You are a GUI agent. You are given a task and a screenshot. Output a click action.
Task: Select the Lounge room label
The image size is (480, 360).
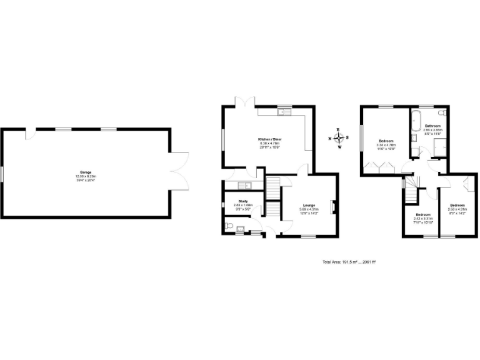[309, 207]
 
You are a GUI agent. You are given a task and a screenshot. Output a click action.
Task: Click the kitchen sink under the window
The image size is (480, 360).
[281, 112]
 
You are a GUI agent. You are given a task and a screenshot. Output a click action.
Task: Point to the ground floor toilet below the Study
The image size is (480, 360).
[229, 226]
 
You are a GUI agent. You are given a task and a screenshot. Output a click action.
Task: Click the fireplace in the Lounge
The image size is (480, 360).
[333, 206]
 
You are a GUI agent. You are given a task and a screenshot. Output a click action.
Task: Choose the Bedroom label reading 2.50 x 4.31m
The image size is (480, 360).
[457, 207]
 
